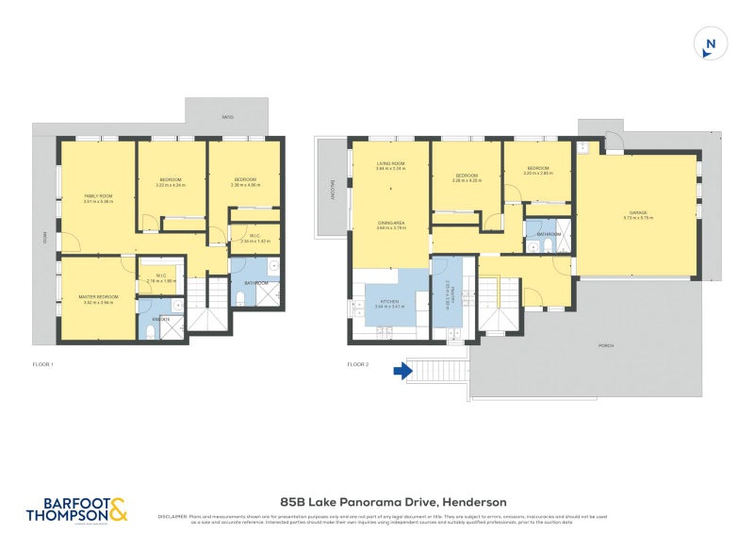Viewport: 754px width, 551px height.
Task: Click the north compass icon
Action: coord(712,42)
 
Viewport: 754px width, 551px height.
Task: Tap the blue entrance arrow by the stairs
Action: coord(402,371)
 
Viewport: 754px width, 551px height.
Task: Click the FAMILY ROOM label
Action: coord(98,195)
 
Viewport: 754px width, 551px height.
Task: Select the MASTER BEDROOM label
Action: coord(98,297)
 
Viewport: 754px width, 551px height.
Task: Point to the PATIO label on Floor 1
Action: coord(227,117)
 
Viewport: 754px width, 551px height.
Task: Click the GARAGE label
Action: coord(637,212)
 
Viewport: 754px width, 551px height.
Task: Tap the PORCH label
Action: coord(606,345)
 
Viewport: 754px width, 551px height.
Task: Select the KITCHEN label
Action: coord(389,300)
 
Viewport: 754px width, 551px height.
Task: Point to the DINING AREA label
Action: coord(390,222)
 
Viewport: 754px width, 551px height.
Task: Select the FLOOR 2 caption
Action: coord(357,363)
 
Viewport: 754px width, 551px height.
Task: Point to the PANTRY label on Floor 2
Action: coord(452,299)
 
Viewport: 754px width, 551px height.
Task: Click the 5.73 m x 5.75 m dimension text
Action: coord(637,218)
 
